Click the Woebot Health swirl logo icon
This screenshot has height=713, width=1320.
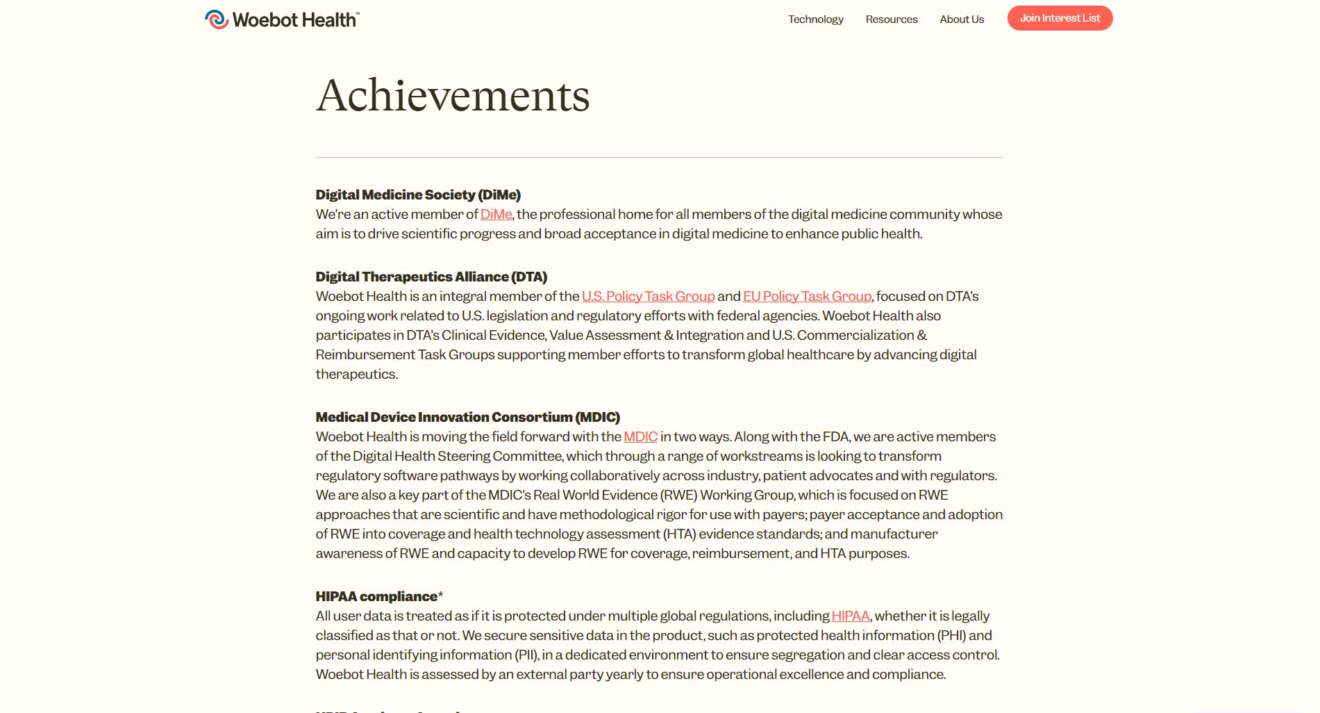point(217,19)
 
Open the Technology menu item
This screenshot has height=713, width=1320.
point(815,19)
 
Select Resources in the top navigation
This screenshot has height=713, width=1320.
point(891,19)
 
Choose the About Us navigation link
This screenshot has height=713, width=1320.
point(962,19)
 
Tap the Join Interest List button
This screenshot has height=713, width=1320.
point(1060,18)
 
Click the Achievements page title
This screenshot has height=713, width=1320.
point(453,95)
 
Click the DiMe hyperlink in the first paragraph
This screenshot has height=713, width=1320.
point(496,215)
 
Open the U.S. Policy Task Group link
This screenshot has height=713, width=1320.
point(648,297)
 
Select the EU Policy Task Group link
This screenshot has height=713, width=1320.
point(807,297)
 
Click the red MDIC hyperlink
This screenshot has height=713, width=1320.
point(640,437)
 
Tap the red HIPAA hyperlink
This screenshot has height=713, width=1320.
point(850,616)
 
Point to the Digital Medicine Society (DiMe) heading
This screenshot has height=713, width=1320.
point(418,195)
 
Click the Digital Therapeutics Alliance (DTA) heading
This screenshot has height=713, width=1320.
point(431,277)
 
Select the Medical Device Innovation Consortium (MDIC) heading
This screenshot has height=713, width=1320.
point(467,418)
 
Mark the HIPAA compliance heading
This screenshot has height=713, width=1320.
point(376,597)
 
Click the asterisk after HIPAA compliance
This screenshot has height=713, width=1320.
point(440,596)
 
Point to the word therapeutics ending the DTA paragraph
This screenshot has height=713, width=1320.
point(356,375)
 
